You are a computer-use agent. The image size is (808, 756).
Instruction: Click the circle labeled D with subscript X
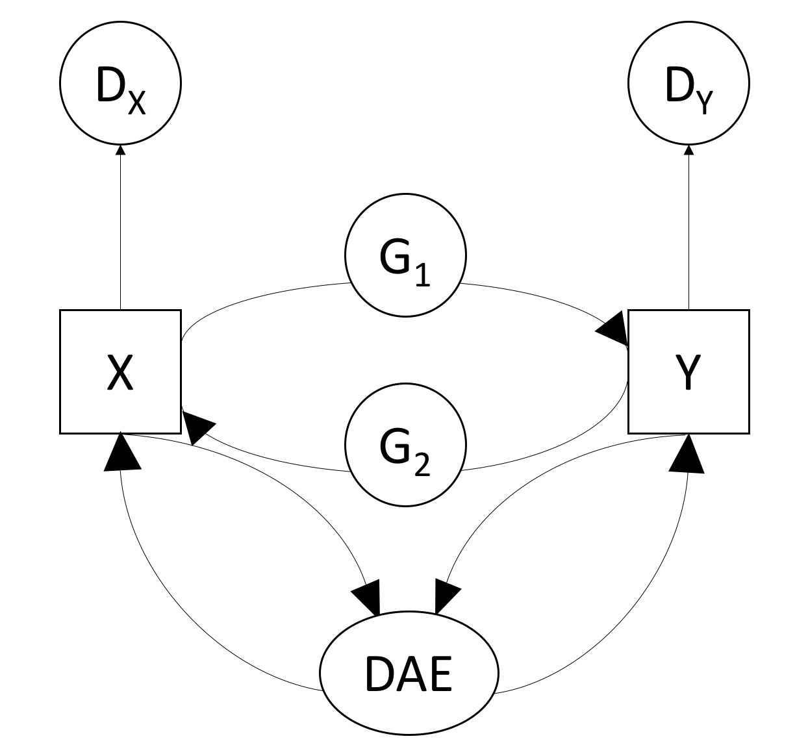tap(120, 83)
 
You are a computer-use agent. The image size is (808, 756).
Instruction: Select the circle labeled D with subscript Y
tap(688, 83)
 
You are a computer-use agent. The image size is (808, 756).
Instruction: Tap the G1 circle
tap(405, 256)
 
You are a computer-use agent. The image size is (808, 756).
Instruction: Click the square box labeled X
tap(120, 372)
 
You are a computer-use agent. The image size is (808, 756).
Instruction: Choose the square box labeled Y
tap(688, 372)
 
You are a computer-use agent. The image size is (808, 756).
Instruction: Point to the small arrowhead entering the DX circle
tap(120, 150)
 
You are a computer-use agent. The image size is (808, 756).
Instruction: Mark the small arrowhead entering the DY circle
tap(688, 150)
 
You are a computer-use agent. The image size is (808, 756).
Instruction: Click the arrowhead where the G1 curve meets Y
tap(614, 330)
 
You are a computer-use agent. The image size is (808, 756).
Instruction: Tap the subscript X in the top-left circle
tap(137, 103)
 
